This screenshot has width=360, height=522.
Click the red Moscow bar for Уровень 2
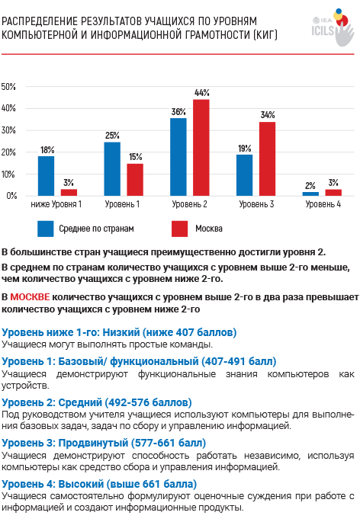pos(201,148)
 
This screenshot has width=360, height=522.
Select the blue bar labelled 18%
pos(46,176)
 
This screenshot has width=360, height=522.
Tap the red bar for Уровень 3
pos(268,159)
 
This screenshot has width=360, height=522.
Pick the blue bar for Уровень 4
pos(310,194)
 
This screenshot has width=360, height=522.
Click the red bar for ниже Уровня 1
pos(69,193)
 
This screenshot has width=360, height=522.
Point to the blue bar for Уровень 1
pos(112,168)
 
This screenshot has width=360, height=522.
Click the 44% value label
pos(201,93)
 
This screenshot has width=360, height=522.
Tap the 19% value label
pos(245,149)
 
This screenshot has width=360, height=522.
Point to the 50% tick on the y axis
pos(8,87)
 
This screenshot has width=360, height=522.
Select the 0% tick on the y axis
pos(11,196)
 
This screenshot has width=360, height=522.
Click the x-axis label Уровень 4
pos(323,204)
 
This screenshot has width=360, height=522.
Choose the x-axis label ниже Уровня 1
pos(56,204)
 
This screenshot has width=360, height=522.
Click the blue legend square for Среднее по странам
pos(45,229)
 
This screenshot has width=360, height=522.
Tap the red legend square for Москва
pos(180,229)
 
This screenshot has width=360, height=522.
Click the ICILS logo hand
pos(344,32)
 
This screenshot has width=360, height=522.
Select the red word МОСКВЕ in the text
pos(30,296)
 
